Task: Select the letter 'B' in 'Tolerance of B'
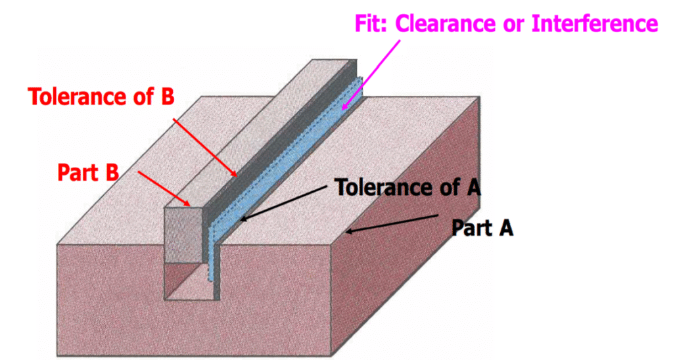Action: tap(167, 96)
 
